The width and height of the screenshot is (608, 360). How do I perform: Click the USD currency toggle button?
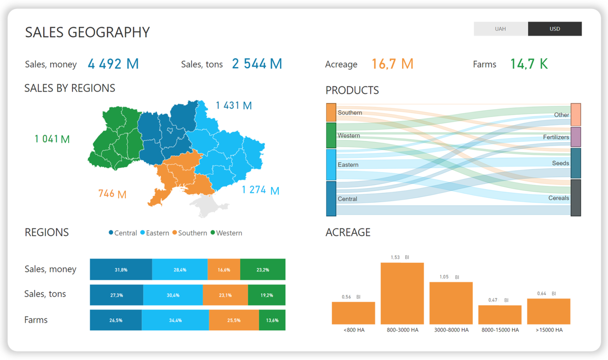554,29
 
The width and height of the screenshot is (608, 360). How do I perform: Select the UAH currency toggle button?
501,29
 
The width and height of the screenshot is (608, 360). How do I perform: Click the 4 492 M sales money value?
113,64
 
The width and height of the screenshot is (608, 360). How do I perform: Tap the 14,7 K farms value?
529,64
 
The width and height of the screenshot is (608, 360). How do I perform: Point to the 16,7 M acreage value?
392,64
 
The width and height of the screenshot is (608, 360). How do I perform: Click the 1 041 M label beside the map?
52,139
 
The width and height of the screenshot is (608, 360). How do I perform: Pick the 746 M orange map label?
112,194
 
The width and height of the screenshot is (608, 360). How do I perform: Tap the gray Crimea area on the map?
207,205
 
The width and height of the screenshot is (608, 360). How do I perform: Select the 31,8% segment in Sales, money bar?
121,270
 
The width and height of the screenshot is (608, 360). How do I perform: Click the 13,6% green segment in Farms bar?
272,320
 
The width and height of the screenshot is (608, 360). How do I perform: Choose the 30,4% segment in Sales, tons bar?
173,295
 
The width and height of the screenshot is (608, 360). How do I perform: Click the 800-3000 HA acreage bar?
402,293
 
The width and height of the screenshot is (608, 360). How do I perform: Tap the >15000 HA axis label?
549,330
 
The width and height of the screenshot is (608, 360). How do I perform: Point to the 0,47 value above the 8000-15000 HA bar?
493,300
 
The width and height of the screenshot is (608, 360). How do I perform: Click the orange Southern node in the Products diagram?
331,113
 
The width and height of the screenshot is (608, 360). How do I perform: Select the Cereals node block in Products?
575,198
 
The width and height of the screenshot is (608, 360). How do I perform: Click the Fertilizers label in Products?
556,137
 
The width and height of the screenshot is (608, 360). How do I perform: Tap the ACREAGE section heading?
348,232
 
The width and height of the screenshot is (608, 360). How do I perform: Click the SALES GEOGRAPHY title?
87,32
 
